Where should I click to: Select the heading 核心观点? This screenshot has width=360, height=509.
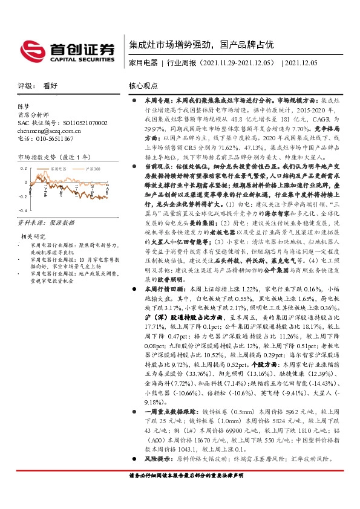pos(144,86)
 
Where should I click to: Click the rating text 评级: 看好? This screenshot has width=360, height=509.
pos(33,86)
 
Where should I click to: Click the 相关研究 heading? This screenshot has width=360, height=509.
pos(33,236)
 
